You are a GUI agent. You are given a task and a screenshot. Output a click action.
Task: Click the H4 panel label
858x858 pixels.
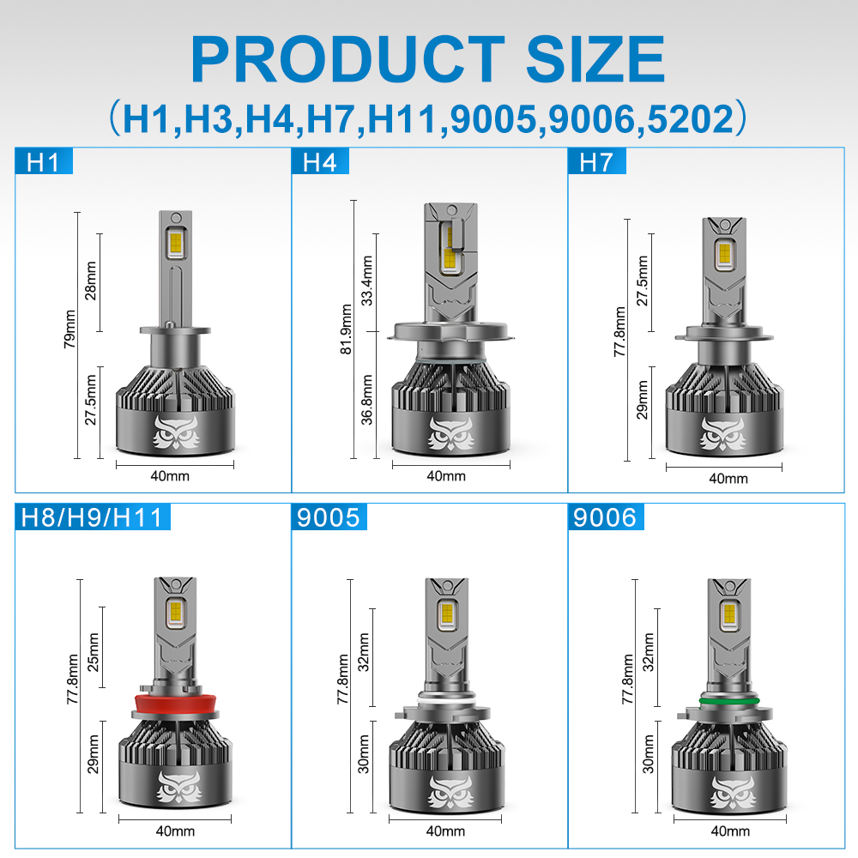(320, 162)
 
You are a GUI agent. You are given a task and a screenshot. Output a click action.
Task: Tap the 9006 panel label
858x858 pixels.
(605, 517)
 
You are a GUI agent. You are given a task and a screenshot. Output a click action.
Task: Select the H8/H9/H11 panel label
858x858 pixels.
(92, 517)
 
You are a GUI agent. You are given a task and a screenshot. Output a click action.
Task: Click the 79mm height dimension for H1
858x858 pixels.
(70, 329)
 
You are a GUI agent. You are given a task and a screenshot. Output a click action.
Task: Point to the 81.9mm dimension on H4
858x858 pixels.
(346, 329)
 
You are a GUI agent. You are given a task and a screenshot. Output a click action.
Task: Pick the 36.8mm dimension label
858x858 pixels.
(366, 400)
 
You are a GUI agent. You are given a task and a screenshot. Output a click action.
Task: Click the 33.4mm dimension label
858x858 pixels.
(366, 281)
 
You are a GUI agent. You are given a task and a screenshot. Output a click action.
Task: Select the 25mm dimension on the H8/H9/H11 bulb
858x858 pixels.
(94, 652)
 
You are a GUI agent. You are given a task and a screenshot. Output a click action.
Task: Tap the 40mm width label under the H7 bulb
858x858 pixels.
(728, 479)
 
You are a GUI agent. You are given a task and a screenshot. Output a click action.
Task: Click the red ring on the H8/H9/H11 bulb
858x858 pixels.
(175, 704)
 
